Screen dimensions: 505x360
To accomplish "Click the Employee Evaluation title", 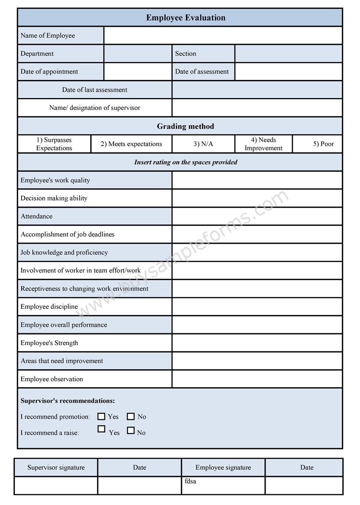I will click(186, 18).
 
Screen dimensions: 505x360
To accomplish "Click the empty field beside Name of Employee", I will click(223, 36).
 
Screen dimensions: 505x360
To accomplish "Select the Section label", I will click(186, 54).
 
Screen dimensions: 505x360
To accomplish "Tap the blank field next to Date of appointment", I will click(138, 72).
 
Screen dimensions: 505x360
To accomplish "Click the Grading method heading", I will click(185, 126).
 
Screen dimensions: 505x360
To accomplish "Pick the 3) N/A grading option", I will click(203, 144).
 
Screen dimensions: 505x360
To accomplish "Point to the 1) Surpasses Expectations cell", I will click(54, 144).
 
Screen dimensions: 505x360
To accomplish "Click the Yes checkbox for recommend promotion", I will click(101, 417).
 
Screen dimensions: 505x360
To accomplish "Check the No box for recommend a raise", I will click(130, 431).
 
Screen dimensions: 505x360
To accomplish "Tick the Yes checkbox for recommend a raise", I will click(101, 429).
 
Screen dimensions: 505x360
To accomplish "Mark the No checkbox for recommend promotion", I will click(130, 417).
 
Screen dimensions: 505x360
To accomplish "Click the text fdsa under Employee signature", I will click(190, 481).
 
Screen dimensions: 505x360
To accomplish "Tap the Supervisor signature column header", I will click(56, 467).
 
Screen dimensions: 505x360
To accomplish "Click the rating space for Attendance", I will click(257, 216).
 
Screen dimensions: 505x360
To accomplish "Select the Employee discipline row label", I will click(49, 307).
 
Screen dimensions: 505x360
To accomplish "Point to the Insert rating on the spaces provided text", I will click(186, 162).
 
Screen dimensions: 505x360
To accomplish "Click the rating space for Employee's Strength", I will click(257, 343).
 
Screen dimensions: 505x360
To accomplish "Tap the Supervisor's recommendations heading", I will click(68, 401).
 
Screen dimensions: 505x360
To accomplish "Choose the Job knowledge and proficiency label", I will click(64, 252).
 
